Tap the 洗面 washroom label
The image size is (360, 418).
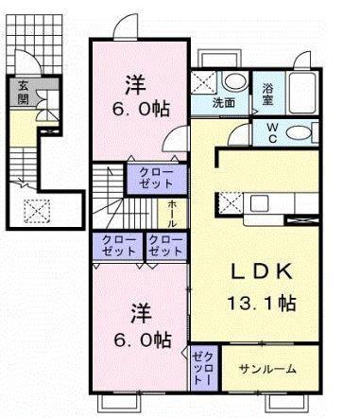tap(224, 102)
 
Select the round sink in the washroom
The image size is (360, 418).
tap(235, 81)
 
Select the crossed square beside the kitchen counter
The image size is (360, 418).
tap(228, 200)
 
